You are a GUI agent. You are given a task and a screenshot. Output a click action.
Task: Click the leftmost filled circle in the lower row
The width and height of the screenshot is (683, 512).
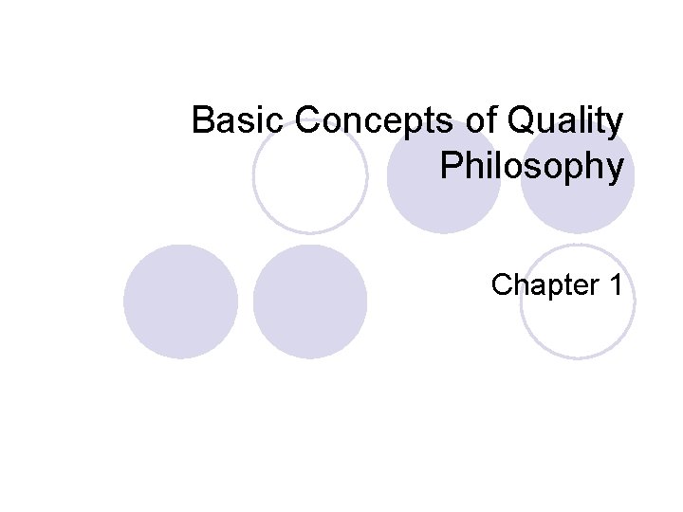tap(180, 302)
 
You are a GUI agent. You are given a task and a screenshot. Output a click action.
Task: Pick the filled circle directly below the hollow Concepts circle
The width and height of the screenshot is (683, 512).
tap(310, 302)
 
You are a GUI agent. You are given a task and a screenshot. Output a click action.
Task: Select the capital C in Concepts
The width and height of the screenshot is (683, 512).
tap(309, 121)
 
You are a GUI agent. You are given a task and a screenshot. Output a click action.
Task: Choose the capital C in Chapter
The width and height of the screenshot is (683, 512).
tap(503, 283)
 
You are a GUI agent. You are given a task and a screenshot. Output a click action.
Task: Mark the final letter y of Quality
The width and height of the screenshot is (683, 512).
tap(616, 125)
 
